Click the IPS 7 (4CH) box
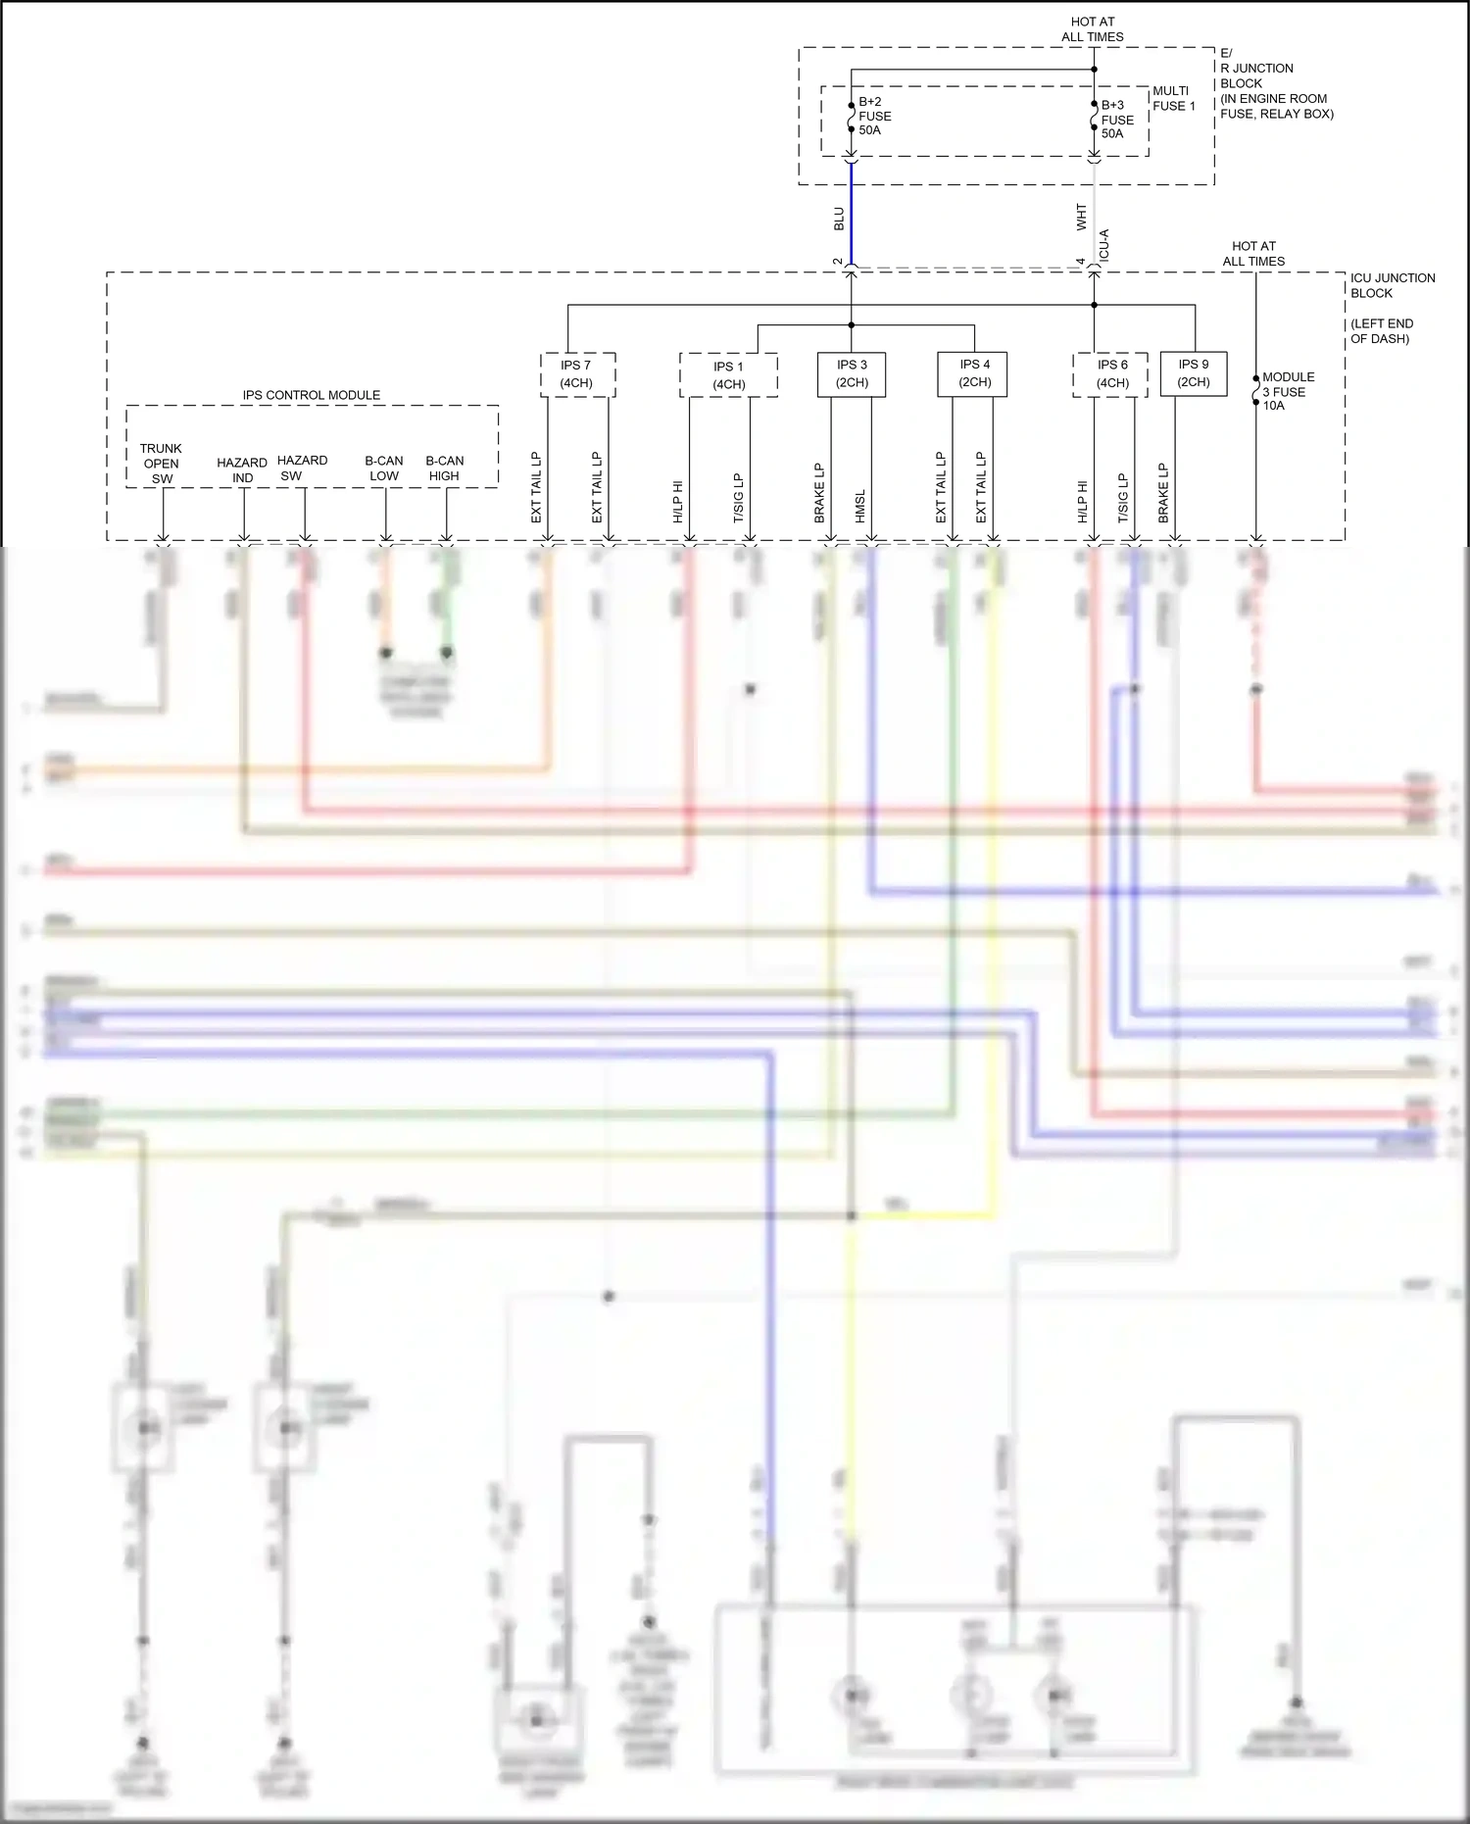coord(577,374)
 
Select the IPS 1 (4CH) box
coord(728,375)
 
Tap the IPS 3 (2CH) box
coord(852,374)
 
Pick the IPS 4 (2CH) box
coord(974,374)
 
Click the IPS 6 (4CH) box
coord(1111,374)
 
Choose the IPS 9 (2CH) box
coord(1193,373)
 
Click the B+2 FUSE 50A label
coord(874,116)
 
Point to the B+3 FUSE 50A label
coord(1117,120)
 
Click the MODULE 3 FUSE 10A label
coord(1288,391)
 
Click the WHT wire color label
coord(1082,217)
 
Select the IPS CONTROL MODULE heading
coord(312,395)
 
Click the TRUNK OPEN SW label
coord(161,464)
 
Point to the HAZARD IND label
coord(242,470)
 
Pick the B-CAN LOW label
coord(384,468)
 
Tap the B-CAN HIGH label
coord(445,468)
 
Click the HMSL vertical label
coord(860,506)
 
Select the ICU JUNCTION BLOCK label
coord(1392,285)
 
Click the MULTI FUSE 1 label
coord(1173,98)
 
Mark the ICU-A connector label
coord(1104,245)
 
